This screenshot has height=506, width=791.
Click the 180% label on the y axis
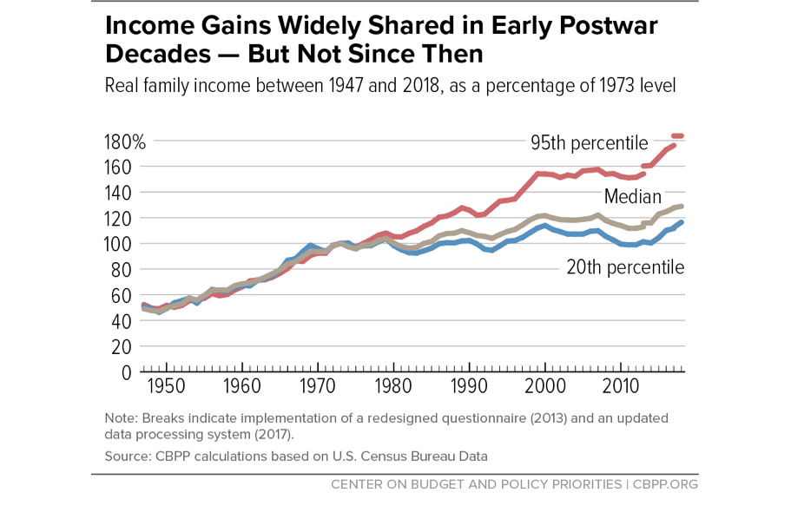pyautogui.click(x=124, y=141)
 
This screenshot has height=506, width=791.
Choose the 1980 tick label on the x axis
pyautogui.click(x=392, y=386)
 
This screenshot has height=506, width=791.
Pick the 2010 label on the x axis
pyautogui.click(x=621, y=386)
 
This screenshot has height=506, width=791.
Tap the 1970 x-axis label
pyautogui.click(x=317, y=386)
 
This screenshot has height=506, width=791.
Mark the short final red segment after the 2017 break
pyautogui.click(x=678, y=136)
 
